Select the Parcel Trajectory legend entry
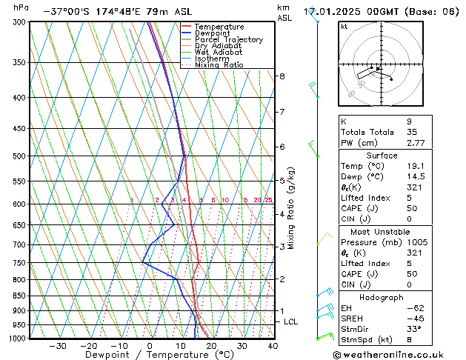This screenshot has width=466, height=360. tap(223, 40)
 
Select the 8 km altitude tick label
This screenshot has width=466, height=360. tap(282, 76)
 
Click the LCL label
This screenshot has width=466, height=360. tap(291, 322)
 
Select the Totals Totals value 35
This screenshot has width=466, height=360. tap(412, 132)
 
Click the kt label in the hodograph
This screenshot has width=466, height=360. tap(344, 27)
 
